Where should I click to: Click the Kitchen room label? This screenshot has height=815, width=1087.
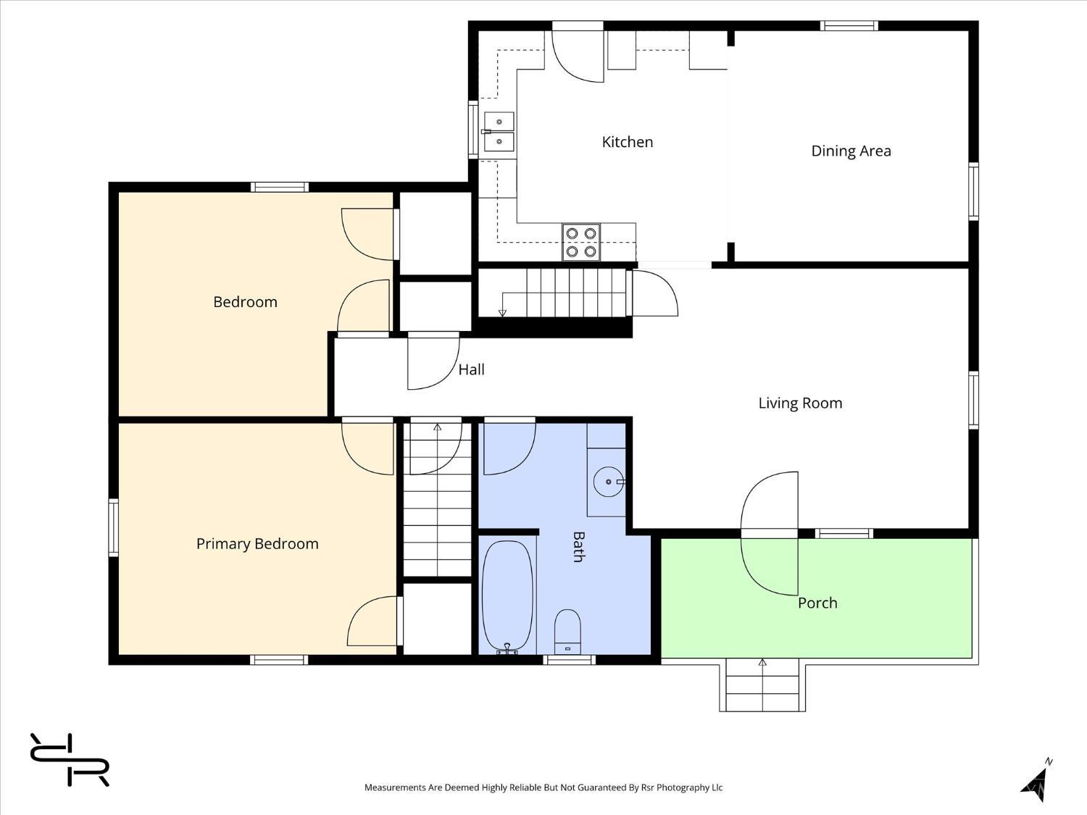click(x=628, y=142)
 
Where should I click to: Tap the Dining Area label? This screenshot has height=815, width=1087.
click(x=851, y=151)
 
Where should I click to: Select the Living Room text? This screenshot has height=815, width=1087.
click(x=800, y=404)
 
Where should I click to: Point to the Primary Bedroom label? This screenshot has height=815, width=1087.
click(x=257, y=544)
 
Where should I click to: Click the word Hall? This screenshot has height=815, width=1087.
click(x=472, y=369)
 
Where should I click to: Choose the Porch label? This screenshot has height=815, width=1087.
click(x=817, y=603)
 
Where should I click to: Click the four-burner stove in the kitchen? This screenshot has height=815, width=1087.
click(x=581, y=242)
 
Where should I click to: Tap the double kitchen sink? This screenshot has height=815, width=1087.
click(x=499, y=132)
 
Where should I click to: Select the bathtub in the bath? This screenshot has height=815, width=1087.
click(x=507, y=597)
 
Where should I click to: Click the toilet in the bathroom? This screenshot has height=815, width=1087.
click(x=567, y=632)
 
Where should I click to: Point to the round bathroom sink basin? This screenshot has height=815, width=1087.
click(x=609, y=482)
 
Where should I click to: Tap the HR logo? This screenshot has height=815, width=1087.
click(x=70, y=759)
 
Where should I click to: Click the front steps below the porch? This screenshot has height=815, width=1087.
click(x=762, y=685)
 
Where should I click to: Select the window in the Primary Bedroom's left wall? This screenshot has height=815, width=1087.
click(x=113, y=527)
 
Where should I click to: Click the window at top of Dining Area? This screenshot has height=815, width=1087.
click(x=849, y=26)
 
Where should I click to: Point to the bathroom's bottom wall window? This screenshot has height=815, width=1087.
click(x=569, y=660)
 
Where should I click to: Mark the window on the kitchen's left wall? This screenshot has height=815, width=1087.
click(x=473, y=130)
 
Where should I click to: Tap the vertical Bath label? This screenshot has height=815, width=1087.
click(x=578, y=547)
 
